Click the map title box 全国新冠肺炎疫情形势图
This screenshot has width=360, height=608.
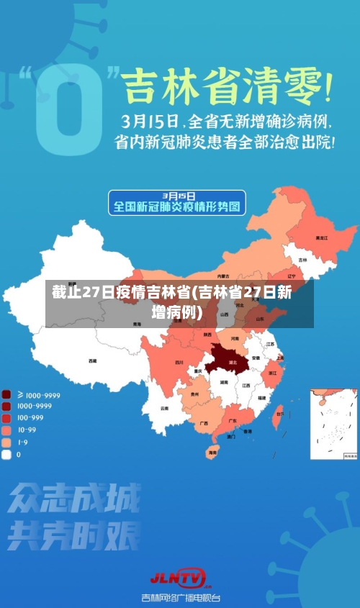[x=177, y=203]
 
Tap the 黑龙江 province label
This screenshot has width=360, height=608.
[x=321, y=237]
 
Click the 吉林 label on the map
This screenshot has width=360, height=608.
[x=303, y=259]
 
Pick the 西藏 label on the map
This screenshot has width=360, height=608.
[x=92, y=360]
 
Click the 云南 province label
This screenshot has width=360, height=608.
[x=164, y=408]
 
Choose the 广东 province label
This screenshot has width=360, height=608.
[x=233, y=420]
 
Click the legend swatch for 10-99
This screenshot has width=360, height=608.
[x=7, y=430]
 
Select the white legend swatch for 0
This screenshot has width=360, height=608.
[x=7, y=454]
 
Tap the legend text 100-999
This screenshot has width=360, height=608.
[x=30, y=418]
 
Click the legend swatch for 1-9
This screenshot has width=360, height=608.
[x=7, y=443]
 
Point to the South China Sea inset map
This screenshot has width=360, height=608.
[x=333, y=424]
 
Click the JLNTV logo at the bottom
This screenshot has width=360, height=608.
[x=178, y=577]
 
